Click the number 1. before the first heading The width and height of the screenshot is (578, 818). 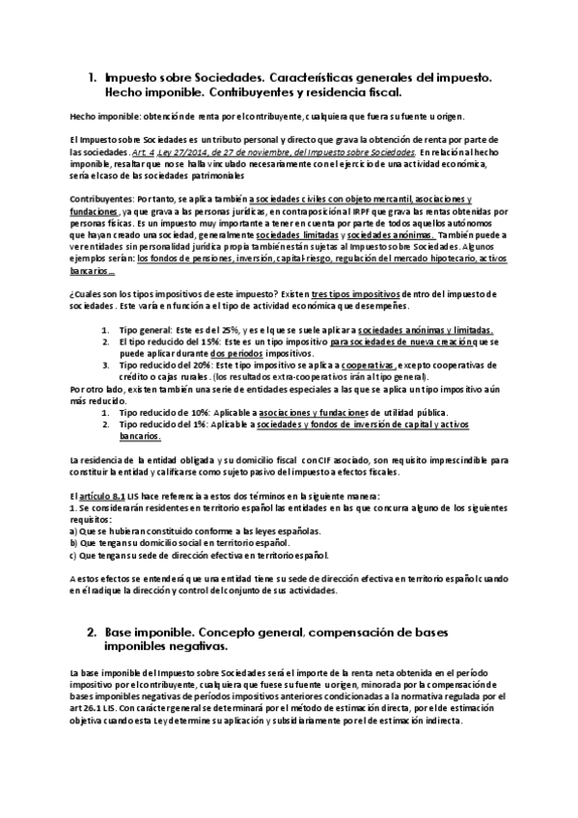[x=92, y=74]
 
